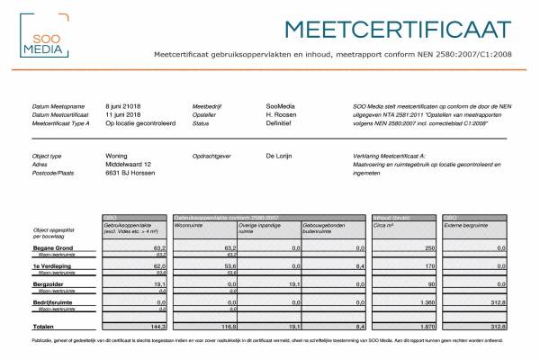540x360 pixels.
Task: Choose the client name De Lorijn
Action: [x=283, y=155]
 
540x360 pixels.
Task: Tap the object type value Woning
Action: [x=117, y=155]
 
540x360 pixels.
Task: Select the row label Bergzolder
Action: [x=49, y=284]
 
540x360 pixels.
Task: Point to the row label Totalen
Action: [x=44, y=326]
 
